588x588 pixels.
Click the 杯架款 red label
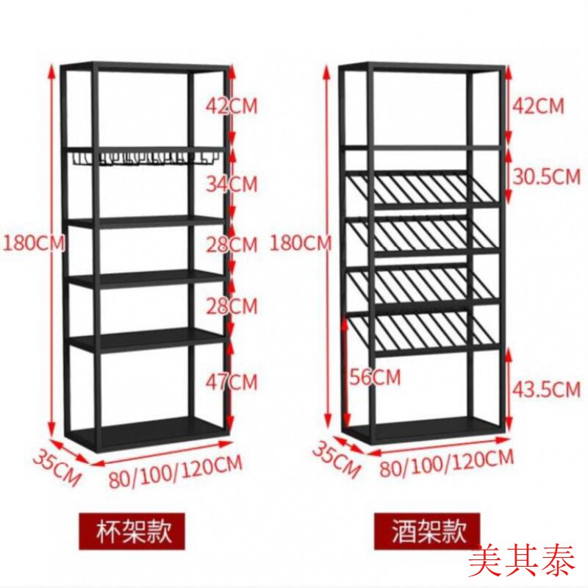132,531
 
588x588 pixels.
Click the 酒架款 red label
427,531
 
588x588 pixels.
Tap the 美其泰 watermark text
523,562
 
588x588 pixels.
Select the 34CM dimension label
232,184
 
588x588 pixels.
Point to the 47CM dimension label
232,381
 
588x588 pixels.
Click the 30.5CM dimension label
546,176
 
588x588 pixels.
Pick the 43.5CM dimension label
546,389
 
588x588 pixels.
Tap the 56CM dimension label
376,377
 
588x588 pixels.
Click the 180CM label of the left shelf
34,243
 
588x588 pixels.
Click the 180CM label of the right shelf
301,243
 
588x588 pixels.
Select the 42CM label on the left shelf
232,106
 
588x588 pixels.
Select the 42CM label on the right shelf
538,106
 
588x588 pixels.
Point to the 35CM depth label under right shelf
337,460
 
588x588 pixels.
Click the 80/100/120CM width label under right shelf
446,463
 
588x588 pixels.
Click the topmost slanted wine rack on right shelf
424,188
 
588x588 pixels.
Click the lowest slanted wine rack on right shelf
424,333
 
